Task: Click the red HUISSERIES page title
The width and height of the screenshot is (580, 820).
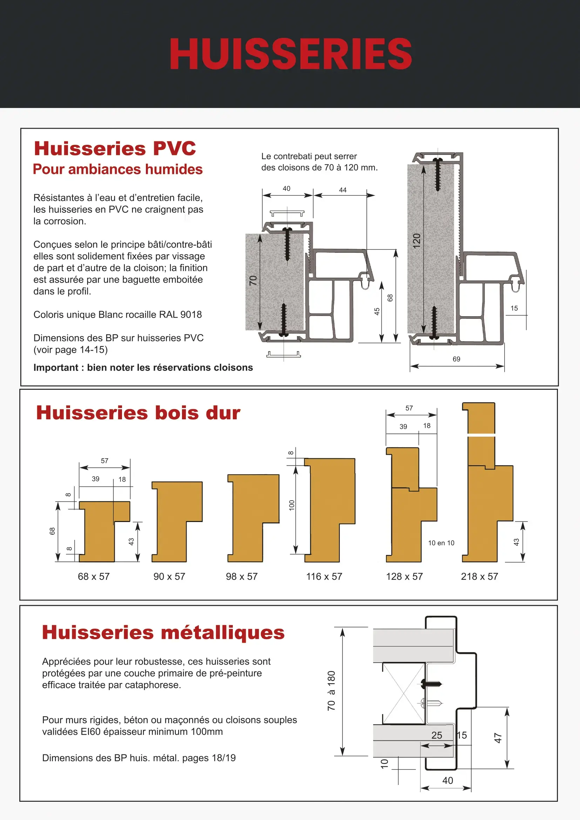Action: (x=290, y=54)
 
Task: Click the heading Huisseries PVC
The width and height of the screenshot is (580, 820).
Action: (x=115, y=149)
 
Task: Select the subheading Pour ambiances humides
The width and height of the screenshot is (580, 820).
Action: (x=117, y=169)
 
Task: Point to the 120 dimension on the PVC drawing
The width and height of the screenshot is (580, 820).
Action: (x=417, y=241)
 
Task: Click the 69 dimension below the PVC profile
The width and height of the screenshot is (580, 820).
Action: (x=456, y=359)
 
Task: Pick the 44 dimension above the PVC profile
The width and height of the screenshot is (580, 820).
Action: (x=343, y=190)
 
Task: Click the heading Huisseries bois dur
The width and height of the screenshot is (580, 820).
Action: (x=138, y=413)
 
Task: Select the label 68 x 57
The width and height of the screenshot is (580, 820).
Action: (x=94, y=576)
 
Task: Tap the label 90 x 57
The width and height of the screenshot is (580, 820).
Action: (x=169, y=576)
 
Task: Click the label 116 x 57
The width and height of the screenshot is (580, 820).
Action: (x=324, y=576)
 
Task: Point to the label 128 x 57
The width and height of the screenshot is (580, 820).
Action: (x=404, y=576)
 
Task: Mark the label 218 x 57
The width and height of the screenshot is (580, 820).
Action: (x=479, y=576)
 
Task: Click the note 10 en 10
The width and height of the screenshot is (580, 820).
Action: (x=441, y=543)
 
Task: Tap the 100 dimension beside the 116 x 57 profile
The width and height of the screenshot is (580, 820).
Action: (x=292, y=505)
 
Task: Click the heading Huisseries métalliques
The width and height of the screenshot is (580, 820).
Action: (x=163, y=632)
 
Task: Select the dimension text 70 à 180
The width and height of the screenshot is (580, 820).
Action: (x=331, y=691)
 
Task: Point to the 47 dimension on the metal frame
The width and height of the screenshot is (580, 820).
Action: (x=498, y=738)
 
